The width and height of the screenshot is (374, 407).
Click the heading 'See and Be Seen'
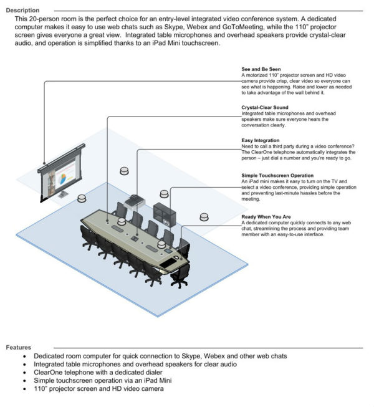261,69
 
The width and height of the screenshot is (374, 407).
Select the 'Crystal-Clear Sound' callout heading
265,108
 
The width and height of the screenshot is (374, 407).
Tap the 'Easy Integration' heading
259,141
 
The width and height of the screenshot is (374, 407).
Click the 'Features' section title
21,347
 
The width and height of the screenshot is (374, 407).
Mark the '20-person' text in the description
46,19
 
